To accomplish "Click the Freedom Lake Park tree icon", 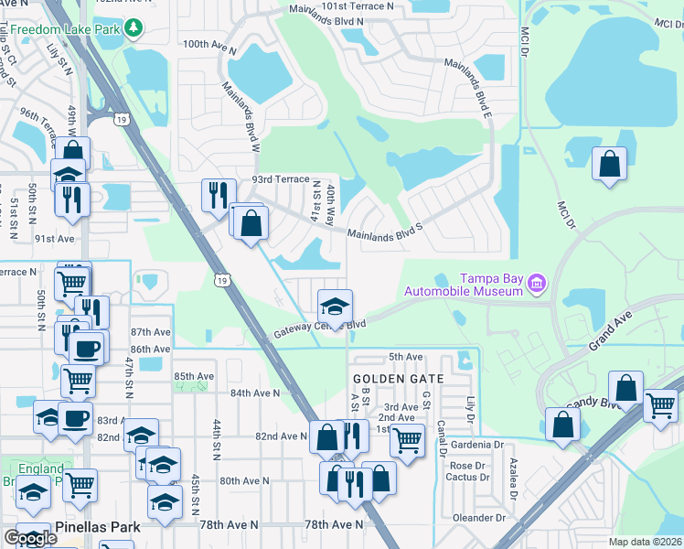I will click(134, 28).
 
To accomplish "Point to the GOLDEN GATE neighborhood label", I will click(399, 378).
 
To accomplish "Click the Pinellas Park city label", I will click(99, 527).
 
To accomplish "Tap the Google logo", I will click(30, 538).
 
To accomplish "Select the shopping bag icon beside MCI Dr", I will click(610, 166).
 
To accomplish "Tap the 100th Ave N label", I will click(209, 44).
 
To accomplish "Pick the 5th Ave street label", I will click(406, 356).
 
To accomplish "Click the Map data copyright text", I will click(645, 542).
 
